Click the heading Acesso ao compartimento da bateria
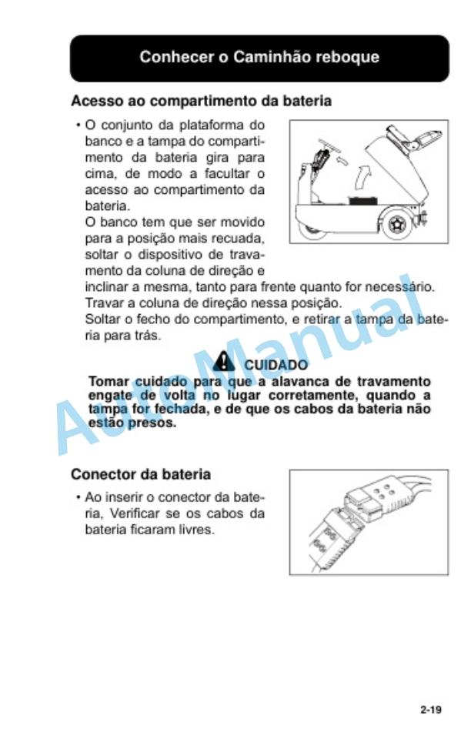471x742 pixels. (202, 101)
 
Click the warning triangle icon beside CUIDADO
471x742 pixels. (225, 358)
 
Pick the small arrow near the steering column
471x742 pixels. (343, 162)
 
